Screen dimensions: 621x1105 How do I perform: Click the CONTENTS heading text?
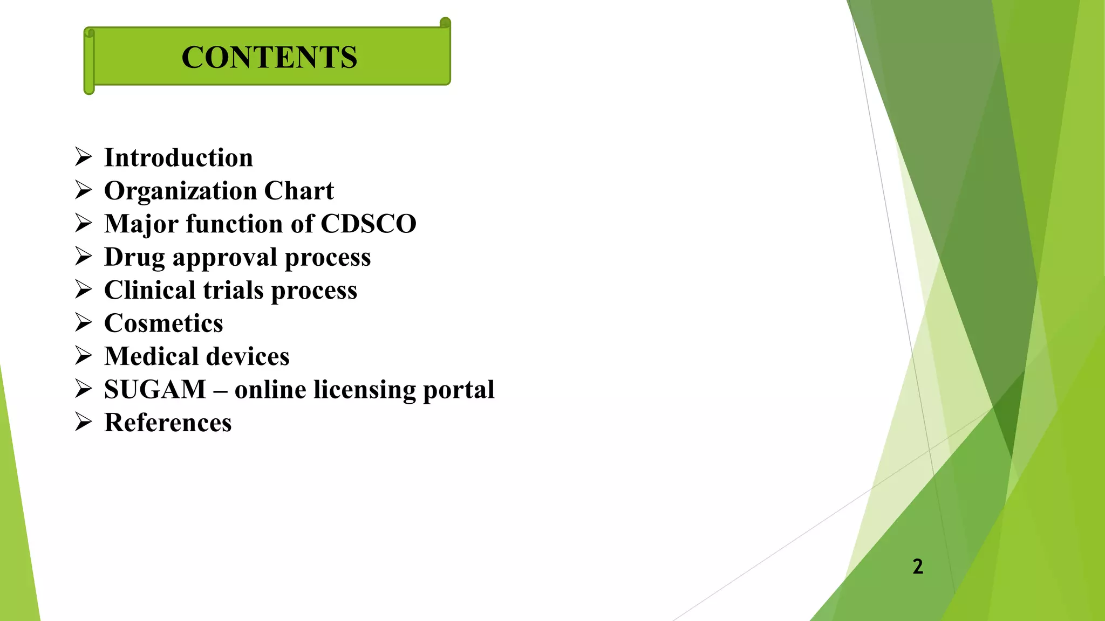click(269, 57)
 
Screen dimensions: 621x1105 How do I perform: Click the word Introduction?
click(179, 158)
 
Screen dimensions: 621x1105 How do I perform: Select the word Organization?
click(180, 191)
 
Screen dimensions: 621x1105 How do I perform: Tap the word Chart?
click(299, 191)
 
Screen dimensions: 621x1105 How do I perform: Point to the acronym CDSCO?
click(369, 224)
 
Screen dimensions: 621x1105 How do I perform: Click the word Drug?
click(134, 258)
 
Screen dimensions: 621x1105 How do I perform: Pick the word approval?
click(224, 258)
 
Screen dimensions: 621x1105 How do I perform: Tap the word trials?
click(233, 290)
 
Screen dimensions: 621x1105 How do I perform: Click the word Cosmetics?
click(163, 323)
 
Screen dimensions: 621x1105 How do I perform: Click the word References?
click(168, 423)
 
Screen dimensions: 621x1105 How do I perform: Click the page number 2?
click(917, 567)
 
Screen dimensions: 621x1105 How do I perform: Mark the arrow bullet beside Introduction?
click(84, 157)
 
